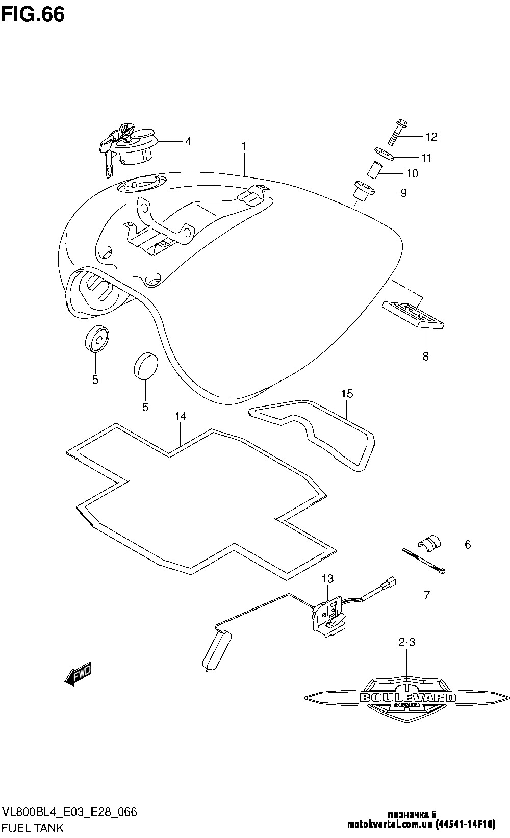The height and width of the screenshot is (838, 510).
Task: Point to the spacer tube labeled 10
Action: [374, 169]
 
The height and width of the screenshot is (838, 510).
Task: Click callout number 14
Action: [181, 417]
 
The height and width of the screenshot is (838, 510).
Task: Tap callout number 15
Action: [347, 394]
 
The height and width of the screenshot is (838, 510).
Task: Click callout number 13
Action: [327, 578]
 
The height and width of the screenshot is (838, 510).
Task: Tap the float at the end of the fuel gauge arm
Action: [216, 650]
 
